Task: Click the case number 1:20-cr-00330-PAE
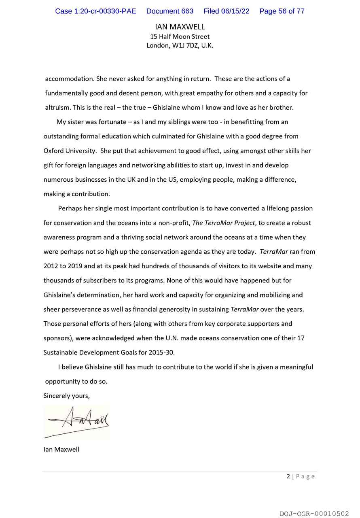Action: click(95, 11)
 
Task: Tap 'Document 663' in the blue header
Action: click(169, 11)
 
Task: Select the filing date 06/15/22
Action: click(227, 11)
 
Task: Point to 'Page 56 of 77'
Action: click(282, 11)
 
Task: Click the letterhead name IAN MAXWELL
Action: click(180, 27)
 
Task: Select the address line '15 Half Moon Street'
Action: click(180, 36)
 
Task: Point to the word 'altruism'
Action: click(58, 108)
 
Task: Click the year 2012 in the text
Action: click(51, 266)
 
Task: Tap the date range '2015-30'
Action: click(162, 352)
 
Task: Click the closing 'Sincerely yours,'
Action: click(66, 396)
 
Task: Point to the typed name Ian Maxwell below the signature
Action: click(61, 449)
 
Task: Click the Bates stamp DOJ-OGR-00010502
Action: click(314, 514)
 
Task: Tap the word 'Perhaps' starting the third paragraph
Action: click(71, 208)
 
